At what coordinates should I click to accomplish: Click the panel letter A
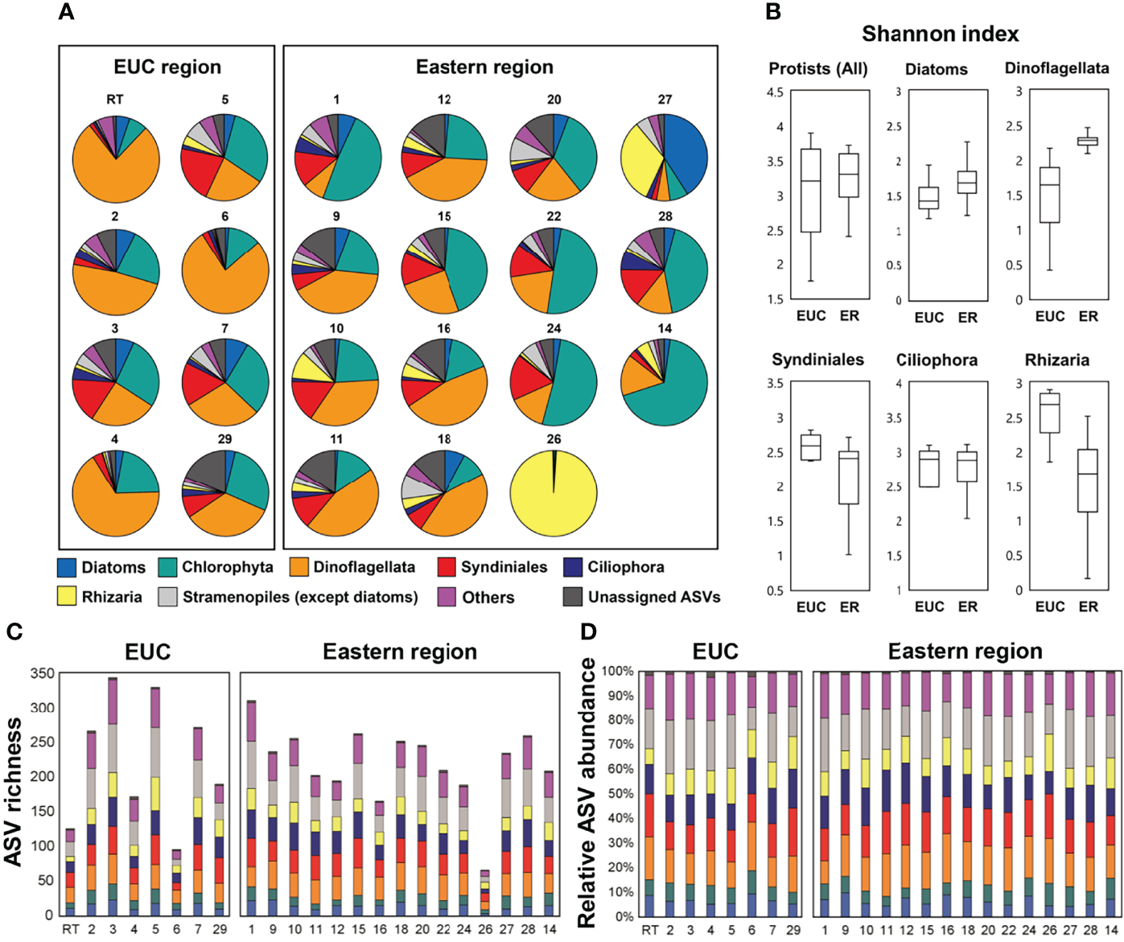[66, 12]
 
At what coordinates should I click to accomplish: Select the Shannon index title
[940, 34]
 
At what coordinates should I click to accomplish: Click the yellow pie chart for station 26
[554, 493]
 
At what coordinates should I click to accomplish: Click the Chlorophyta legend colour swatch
[168, 567]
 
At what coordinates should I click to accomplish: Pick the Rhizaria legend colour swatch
[67, 597]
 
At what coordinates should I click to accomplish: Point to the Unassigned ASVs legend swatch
[573, 597]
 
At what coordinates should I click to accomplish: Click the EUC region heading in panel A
[167, 67]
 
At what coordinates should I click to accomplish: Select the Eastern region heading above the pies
[484, 67]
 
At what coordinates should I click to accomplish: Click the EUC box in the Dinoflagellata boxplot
[1049, 195]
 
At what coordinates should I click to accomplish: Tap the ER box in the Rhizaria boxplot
[1088, 480]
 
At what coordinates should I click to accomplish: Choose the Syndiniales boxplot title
[817, 360]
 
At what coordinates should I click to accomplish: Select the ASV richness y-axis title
[14, 792]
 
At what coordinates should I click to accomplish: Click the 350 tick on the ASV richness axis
[41, 673]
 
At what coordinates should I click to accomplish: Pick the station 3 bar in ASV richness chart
[113, 796]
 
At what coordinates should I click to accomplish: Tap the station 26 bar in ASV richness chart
[485, 892]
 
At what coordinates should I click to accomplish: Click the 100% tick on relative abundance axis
[618, 672]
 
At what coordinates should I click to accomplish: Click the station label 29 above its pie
[224, 438]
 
